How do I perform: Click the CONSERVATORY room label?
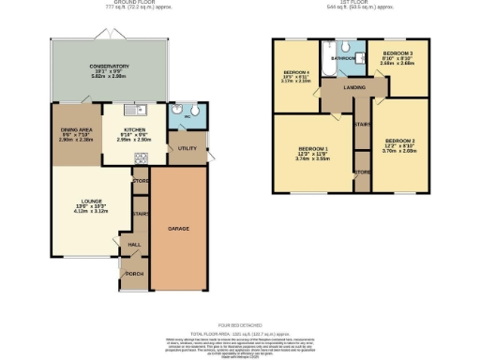tap(110, 67)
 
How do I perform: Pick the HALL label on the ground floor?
tap(134, 246)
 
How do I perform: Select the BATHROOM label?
tap(342, 58)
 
